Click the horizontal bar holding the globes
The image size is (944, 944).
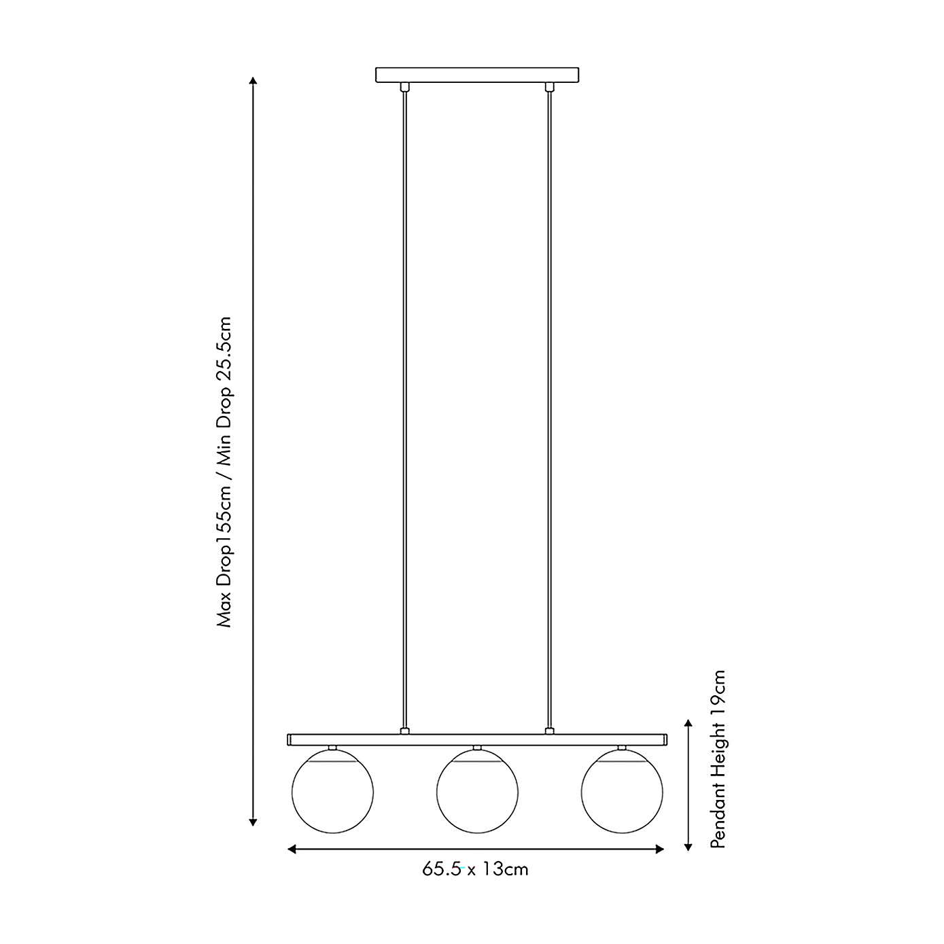pos(477,739)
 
